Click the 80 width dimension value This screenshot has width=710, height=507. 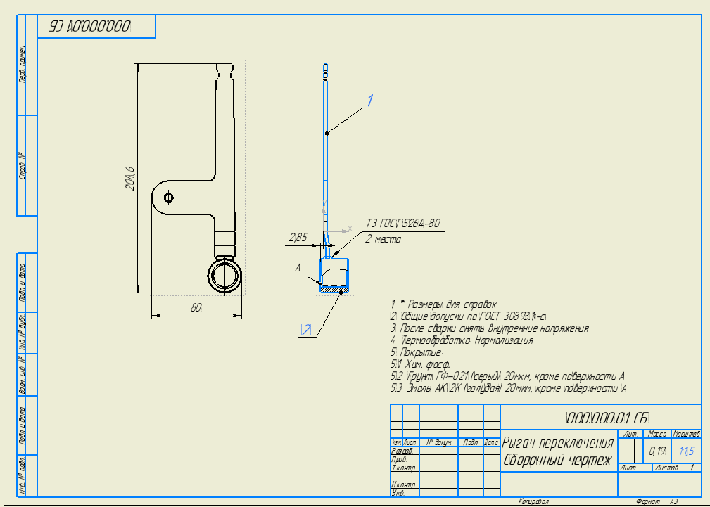coord(196,307)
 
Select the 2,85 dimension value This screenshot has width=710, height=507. coord(298,238)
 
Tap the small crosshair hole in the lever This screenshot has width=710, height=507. coord(168,196)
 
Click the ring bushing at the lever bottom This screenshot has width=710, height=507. coord(224,274)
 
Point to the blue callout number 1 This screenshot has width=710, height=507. coord(370,100)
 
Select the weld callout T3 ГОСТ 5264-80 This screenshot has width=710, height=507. coord(402,224)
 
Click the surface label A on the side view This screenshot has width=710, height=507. coord(298,268)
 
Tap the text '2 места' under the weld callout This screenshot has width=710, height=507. coord(383,239)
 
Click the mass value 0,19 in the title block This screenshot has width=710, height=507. coord(657,450)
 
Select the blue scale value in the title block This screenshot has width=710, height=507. coord(686,450)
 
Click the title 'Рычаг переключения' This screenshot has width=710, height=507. coord(558,443)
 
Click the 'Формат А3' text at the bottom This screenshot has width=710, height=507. coord(657,501)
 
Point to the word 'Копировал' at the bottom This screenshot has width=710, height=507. coord(533,501)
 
